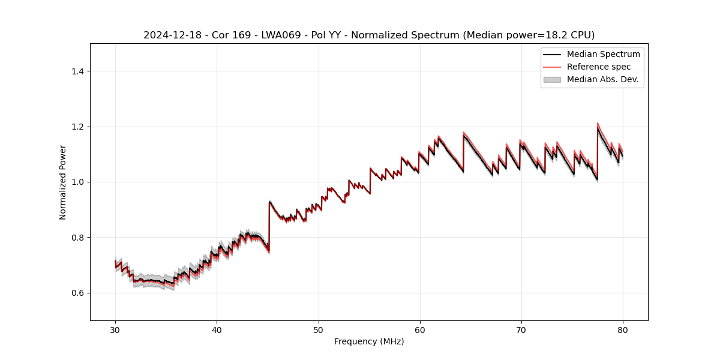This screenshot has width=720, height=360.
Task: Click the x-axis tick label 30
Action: tap(115, 329)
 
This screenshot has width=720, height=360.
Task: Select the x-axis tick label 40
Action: tap(217, 329)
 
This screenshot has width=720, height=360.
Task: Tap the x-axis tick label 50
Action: tap(318, 329)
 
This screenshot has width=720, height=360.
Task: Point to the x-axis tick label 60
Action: tap(419, 329)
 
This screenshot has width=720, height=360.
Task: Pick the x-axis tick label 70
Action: tap(521, 329)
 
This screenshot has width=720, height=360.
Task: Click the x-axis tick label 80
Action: tap(622, 329)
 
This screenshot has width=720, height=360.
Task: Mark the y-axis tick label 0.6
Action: tap(78, 293)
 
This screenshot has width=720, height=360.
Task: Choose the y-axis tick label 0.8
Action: tap(78, 238)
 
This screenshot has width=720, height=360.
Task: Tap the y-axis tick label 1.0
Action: tap(78, 182)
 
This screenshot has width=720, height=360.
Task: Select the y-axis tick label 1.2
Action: tap(78, 127)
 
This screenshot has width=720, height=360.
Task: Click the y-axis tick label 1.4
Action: tap(78, 71)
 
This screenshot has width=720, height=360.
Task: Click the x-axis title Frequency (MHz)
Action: tap(369, 341)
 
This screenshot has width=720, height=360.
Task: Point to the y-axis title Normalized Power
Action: tap(62, 182)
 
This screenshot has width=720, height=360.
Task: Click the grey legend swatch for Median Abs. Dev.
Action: tap(551, 79)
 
